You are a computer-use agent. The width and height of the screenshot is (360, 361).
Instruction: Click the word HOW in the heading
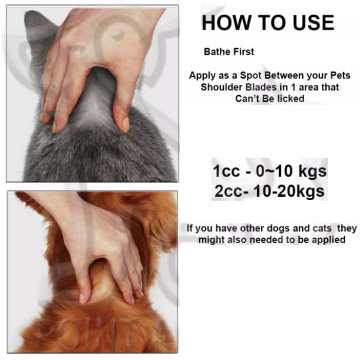click(225, 23)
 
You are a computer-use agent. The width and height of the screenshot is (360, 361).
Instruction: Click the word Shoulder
click(220, 87)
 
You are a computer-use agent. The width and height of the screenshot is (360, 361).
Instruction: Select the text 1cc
click(227, 172)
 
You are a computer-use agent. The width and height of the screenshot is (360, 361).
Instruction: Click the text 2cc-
click(229, 191)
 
